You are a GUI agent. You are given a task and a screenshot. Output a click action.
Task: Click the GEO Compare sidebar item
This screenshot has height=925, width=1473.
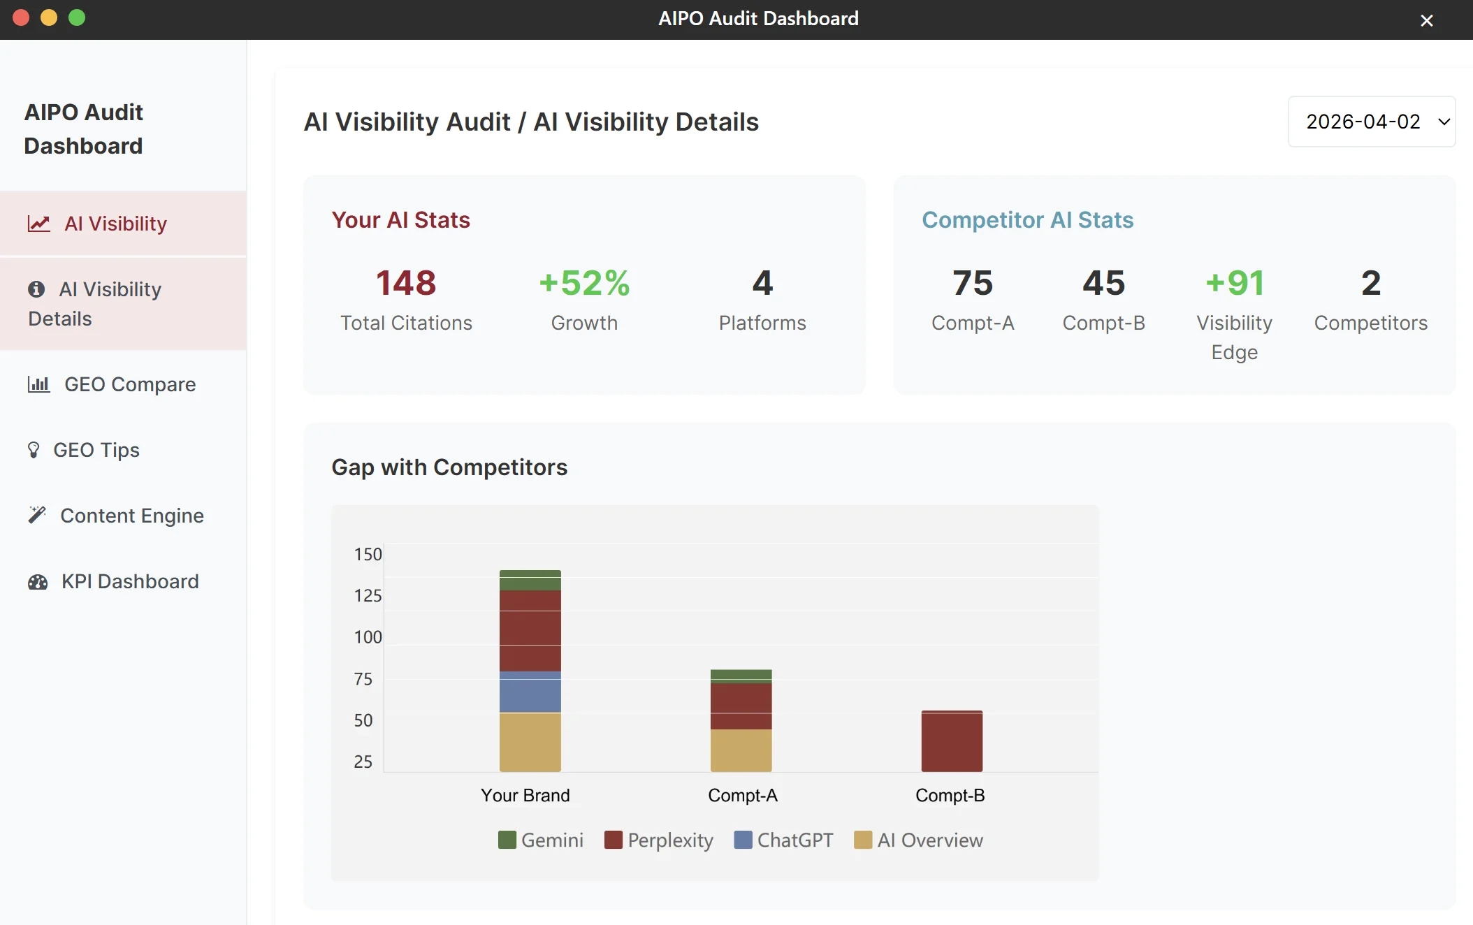click(112, 384)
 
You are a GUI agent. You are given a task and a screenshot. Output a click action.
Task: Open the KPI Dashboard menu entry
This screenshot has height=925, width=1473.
click(113, 581)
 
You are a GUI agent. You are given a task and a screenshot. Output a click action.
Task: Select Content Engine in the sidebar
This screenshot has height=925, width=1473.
click(116, 516)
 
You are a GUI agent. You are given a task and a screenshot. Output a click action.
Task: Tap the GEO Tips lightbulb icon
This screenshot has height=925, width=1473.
click(34, 450)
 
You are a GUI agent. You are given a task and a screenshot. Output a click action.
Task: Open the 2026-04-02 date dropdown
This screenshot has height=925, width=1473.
click(1372, 122)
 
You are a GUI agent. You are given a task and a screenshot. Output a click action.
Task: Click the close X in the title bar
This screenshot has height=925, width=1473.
click(1427, 20)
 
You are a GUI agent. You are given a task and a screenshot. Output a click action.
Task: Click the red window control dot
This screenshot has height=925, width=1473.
click(21, 17)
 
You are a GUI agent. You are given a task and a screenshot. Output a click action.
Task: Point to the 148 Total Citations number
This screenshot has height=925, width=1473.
click(406, 283)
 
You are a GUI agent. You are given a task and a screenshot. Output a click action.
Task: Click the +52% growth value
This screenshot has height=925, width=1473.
click(584, 283)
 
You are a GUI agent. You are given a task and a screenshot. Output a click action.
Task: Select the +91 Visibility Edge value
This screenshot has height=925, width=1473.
click(1235, 283)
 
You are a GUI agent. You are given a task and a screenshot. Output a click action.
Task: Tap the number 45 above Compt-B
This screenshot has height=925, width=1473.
click(1104, 283)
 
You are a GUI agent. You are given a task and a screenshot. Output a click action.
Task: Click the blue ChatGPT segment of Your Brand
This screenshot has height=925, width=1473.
click(530, 692)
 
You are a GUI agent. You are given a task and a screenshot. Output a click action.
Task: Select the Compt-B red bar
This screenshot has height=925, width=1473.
click(952, 741)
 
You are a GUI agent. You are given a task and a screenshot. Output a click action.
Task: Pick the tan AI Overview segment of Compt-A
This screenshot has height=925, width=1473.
click(741, 750)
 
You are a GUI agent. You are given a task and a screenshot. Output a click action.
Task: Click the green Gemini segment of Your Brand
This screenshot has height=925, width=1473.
click(530, 581)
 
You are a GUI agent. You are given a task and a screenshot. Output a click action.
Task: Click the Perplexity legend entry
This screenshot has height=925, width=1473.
click(659, 840)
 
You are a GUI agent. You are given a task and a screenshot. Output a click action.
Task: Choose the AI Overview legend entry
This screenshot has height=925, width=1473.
click(919, 840)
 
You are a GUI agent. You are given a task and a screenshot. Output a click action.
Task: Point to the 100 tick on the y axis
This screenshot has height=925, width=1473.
click(368, 637)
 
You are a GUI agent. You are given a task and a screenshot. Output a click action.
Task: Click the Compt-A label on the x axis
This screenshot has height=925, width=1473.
click(743, 795)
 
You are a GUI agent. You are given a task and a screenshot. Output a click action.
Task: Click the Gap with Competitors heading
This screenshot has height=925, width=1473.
click(449, 467)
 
